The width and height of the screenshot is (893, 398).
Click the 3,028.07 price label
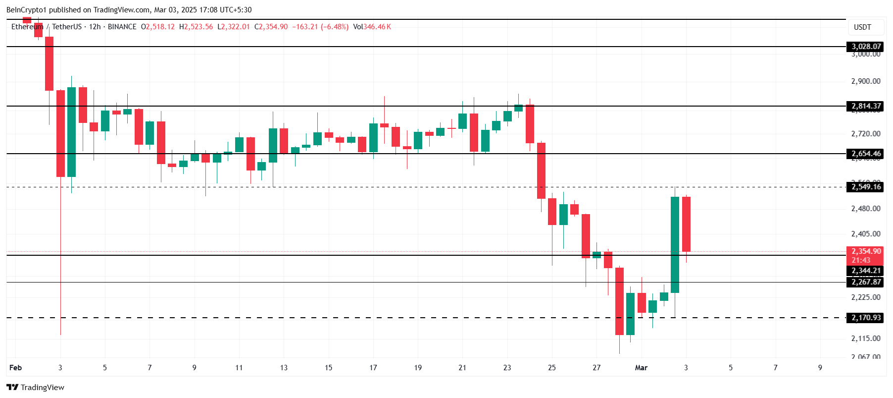point(866,47)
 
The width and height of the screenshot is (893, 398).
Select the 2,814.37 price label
point(866,106)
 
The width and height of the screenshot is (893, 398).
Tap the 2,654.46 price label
point(866,154)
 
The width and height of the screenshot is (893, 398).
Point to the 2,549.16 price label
point(866,187)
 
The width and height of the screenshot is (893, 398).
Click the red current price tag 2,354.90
point(866,251)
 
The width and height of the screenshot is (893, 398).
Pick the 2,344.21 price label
point(866,271)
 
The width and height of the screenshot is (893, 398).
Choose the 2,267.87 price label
point(866,282)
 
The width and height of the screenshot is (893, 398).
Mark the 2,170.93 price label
point(866,318)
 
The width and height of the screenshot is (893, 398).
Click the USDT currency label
point(862,27)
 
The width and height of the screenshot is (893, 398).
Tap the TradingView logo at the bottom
point(36,387)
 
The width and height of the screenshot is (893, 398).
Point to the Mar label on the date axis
point(641,368)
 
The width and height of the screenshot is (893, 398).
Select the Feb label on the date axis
point(16,368)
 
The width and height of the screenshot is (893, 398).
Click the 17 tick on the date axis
point(373,368)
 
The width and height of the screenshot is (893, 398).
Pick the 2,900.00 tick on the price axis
point(865,81)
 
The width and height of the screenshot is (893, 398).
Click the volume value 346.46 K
point(377,27)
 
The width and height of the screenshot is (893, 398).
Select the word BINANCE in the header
point(122,27)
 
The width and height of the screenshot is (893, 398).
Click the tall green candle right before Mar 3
point(675,245)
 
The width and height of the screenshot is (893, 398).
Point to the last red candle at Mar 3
point(686,224)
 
